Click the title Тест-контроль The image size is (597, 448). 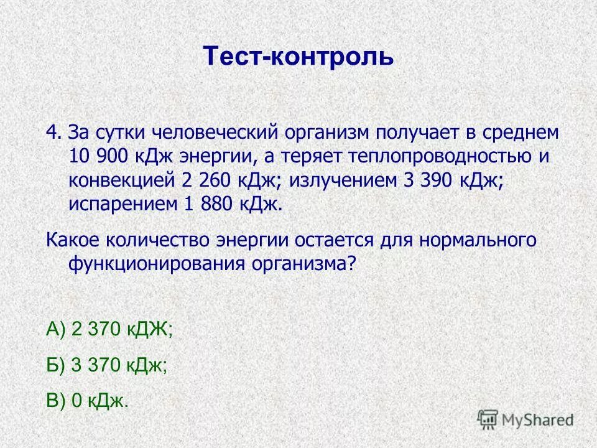coord(298,57)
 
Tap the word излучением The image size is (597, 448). coord(341,180)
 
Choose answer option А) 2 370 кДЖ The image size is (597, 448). coord(109,330)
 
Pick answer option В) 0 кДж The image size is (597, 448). coord(88,401)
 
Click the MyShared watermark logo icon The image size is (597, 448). coord(488,419)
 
